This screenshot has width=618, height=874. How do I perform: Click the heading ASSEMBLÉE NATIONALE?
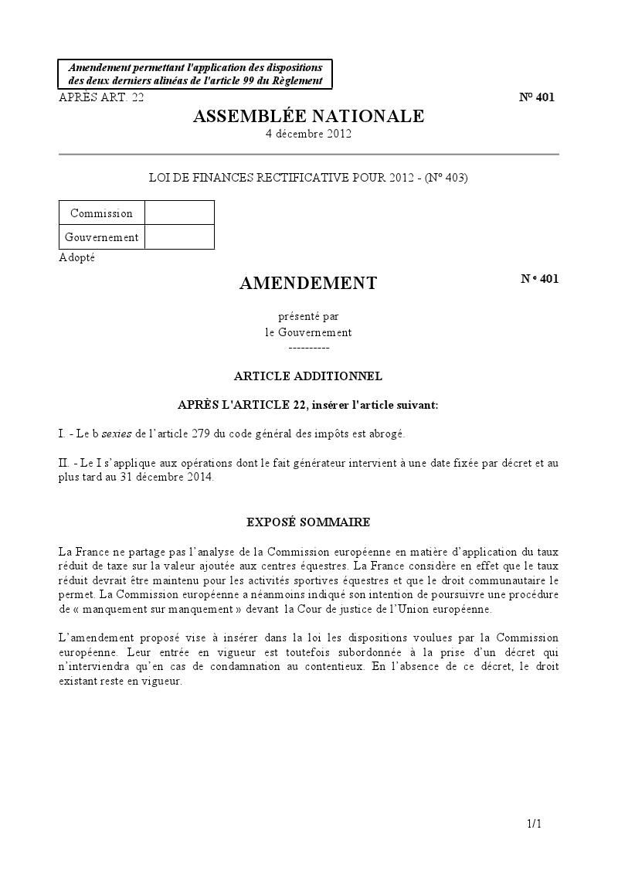[308, 117]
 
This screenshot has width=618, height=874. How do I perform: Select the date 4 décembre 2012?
[308, 134]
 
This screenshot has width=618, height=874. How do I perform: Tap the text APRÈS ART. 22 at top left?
[101, 97]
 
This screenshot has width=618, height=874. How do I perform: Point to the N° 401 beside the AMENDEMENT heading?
[539, 279]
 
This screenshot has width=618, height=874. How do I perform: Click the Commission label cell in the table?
[101, 213]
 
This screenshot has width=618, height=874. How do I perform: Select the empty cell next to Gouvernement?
[179, 237]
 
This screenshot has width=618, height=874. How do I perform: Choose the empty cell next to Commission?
[179, 213]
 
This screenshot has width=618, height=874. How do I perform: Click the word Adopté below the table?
[76, 257]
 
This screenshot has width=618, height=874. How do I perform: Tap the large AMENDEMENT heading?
[308, 284]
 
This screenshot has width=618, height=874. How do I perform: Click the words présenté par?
[308, 316]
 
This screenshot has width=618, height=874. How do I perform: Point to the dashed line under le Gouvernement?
[308, 348]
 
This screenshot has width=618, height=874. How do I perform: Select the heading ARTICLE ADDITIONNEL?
[308, 376]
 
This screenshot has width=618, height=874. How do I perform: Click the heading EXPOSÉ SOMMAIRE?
[308, 522]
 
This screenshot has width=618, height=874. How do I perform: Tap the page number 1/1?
[535, 825]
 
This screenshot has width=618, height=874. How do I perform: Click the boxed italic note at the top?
[195, 74]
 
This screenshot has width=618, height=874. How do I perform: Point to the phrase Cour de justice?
[328, 610]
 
